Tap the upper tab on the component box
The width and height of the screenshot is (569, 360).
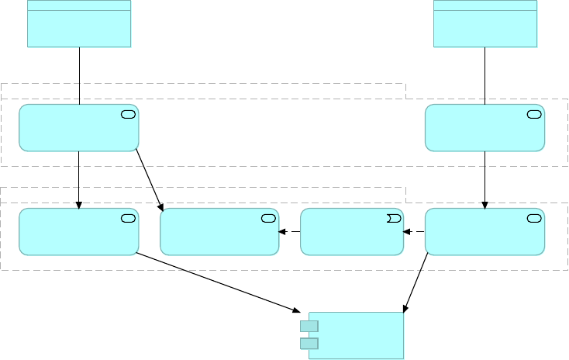[x=309, y=326]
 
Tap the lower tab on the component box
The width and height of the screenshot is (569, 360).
[x=309, y=343]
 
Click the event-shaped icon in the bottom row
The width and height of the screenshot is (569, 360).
[x=393, y=218]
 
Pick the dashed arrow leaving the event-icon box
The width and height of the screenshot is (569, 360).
[x=290, y=231]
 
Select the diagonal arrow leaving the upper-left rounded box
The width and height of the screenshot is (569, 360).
[x=149, y=179]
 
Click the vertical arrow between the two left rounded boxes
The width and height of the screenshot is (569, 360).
[x=79, y=178]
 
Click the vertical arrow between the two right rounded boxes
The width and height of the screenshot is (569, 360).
[x=485, y=178]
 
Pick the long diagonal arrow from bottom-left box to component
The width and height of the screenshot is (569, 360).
[x=217, y=281]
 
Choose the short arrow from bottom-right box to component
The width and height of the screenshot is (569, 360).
[x=416, y=284]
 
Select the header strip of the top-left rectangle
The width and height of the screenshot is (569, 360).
[x=79, y=5]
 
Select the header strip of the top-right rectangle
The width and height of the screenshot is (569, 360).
[x=485, y=5]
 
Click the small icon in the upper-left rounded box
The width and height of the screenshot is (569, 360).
[x=129, y=115]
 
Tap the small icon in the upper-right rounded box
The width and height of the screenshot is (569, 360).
[x=534, y=115]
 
